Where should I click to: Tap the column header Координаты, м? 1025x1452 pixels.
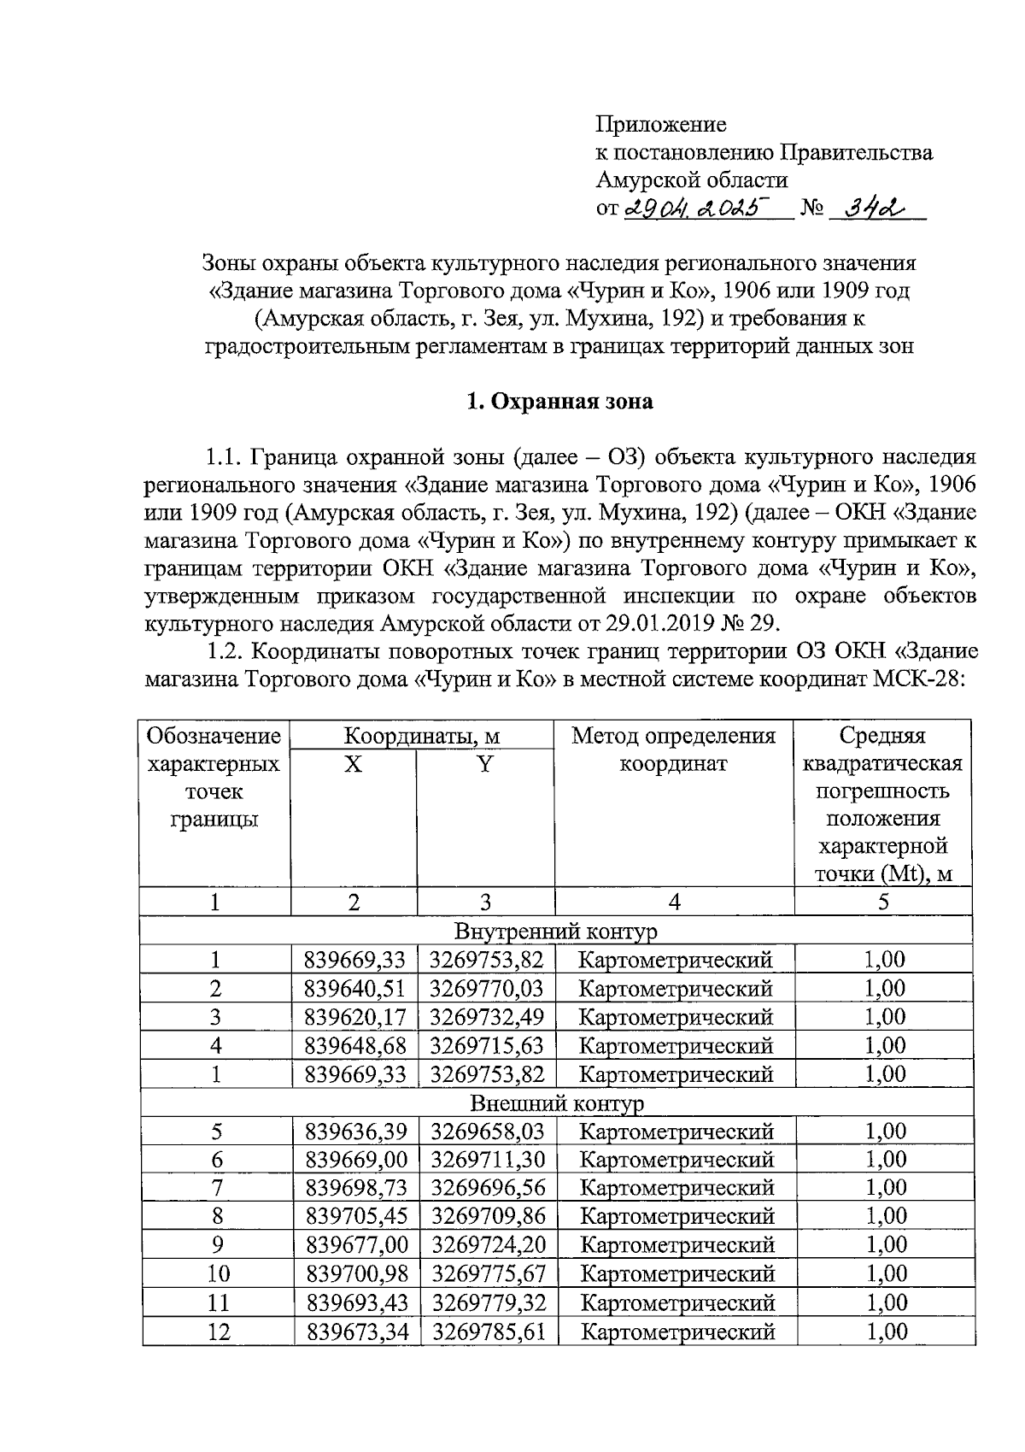pos(422,736)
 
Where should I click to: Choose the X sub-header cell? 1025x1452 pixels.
pos(354,764)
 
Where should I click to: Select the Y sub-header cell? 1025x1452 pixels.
pos(485,764)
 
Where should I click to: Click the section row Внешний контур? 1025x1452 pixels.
pos(557,1103)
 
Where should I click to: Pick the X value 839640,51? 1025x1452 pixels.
pos(355,989)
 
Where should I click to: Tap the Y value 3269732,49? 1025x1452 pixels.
pos(487,1017)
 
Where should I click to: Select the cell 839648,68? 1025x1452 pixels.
pos(355,1045)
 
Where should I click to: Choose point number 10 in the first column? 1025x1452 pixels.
pos(218,1273)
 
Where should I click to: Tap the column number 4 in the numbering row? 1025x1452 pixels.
pos(674,902)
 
